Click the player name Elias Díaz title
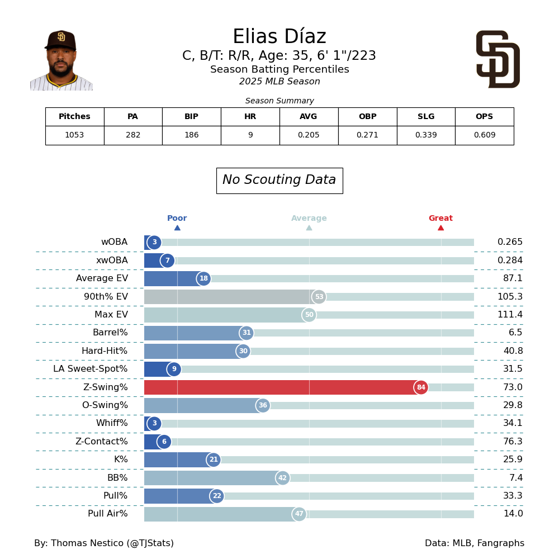click(x=279, y=37)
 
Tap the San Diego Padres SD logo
click(x=498, y=59)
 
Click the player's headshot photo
click(x=61, y=60)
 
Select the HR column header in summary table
click(x=250, y=117)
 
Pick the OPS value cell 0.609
click(x=484, y=135)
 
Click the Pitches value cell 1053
click(x=74, y=135)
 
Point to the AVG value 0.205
click(x=309, y=135)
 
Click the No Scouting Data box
click(x=279, y=181)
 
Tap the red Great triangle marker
click(x=440, y=228)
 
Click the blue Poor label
click(x=177, y=219)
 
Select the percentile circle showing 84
click(x=421, y=387)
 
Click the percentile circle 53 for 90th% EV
click(x=319, y=297)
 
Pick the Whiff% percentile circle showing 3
click(x=154, y=424)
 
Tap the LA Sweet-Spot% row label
click(x=90, y=369)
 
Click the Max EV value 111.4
click(x=510, y=315)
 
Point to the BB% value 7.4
click(x=513, y=478)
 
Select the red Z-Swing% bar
click(x=279, y=387)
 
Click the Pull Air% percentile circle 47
click(x=299, y=514)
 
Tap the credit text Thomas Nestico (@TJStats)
click(x=104, y=543)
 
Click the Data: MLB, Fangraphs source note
click(x=474, y=543)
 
